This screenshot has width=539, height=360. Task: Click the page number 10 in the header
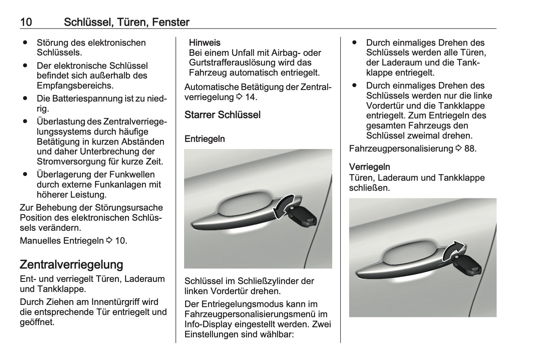coord(26,22)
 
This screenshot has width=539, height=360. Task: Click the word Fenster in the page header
coord(170,22)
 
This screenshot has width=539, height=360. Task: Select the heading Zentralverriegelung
coord(71,265)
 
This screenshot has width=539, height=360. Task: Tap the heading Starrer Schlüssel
coord(222,115)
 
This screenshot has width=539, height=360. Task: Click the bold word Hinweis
coord(205,43)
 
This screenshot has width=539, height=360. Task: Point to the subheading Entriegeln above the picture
coord(205,139)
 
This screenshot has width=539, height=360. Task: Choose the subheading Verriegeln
coord(369,167)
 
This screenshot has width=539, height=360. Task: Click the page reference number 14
coord(251,97)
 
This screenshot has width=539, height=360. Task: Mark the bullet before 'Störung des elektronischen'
coord(25,42)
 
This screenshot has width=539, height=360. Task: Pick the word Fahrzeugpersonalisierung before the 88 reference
coord(401,149)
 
